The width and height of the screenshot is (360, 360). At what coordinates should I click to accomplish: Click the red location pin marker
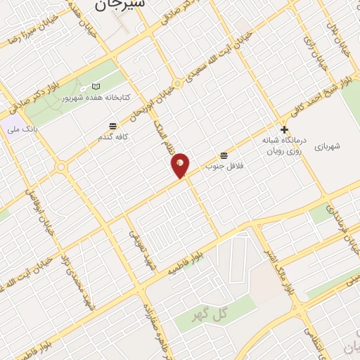tap(181, 165)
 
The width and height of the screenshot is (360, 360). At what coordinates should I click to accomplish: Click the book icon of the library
tap(96, 86)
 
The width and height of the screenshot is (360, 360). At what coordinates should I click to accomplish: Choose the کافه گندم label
tap(112, 137)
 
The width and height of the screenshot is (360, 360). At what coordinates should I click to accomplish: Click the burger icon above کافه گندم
tap(112, 127)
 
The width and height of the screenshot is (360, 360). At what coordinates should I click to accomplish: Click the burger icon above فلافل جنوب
tap(224, 155)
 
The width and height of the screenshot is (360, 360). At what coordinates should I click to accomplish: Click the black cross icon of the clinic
tap(284, 129)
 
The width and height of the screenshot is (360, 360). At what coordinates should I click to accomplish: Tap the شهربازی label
tap(328, 146)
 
